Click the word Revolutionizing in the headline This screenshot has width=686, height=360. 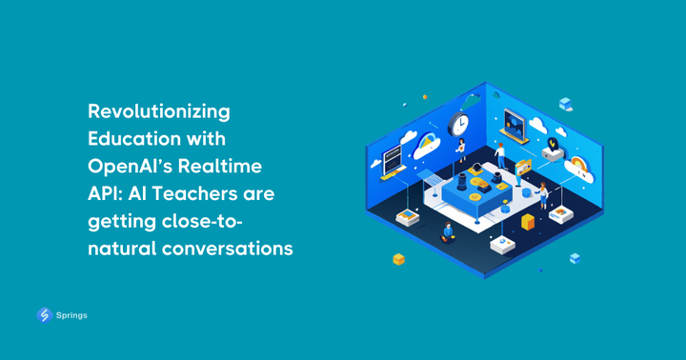point(159,111)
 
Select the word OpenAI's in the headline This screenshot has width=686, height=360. point(138,167)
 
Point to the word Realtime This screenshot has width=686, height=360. point(228,167)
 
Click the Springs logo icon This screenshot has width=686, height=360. point(44,315)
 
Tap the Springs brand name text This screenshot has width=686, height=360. point(71,315)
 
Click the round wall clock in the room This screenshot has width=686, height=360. point(459,124)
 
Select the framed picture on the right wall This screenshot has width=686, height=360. point(515,124)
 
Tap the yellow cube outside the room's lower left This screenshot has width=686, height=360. point(399,259)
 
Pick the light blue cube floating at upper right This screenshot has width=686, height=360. point(565,104)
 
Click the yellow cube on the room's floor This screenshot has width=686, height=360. point(528,222)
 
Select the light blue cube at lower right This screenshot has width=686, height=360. point(575,258)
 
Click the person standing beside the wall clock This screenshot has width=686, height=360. point(463,150)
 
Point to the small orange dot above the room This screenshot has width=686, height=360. point(425,97)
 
